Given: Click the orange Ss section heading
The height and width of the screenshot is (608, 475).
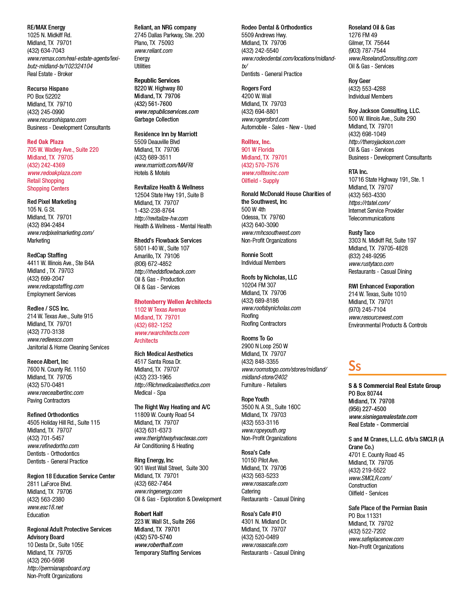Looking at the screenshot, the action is coord(354,366).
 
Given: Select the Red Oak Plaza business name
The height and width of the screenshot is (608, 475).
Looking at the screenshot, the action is coord(45,142).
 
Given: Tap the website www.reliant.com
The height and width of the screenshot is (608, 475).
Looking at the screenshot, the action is coord(153,50).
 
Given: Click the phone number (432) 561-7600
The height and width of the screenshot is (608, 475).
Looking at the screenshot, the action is coord(153,104).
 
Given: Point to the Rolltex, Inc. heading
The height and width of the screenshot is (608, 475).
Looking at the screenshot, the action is coord(256,142).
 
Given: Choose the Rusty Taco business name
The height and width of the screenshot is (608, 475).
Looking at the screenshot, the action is coord(361,233).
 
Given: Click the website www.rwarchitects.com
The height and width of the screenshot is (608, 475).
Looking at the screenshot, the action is coord(162,333).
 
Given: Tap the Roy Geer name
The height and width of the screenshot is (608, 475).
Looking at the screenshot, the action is coord(359,81).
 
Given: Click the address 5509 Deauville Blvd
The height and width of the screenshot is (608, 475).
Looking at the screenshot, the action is coord(157,142).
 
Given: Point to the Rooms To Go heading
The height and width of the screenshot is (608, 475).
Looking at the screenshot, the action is coord(257,338).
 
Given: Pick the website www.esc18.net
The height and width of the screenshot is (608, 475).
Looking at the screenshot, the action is coord(45,507).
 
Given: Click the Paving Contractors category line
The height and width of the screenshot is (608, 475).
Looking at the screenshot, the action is coord(49,400).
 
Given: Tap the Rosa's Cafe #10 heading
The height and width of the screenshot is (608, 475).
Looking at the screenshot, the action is coord(261,514).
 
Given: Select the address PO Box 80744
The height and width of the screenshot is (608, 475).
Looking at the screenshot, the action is coord(365,393).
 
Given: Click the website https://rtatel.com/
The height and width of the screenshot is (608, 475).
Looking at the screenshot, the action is coord(369,203).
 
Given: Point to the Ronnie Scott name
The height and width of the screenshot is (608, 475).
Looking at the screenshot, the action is coord(257,255).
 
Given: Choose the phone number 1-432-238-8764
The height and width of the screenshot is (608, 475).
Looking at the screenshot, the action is coord(154,211).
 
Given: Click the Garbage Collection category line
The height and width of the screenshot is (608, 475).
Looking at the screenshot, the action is coord(156,120).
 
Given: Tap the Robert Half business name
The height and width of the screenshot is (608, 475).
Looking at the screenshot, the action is coord(148,514).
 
